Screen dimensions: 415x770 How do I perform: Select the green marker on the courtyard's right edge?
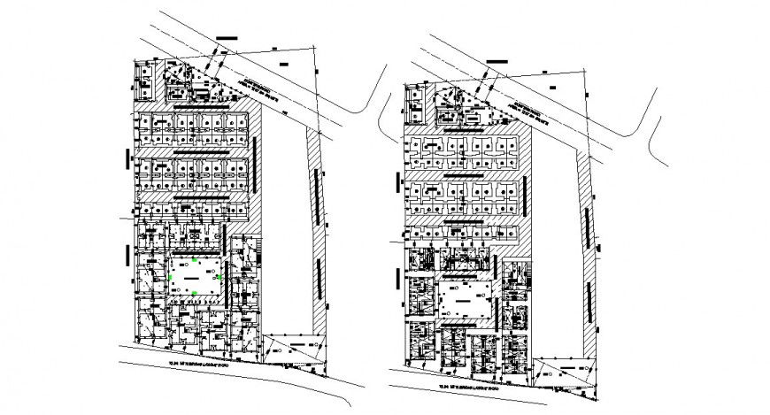coord(219,277)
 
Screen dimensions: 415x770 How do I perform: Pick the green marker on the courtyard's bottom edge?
coord(195,292)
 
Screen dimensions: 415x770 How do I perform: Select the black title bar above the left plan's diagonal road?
coord(227,38)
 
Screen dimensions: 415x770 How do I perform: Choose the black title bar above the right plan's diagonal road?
coord(496,60)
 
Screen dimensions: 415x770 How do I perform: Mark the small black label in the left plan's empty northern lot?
coord(283,65)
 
